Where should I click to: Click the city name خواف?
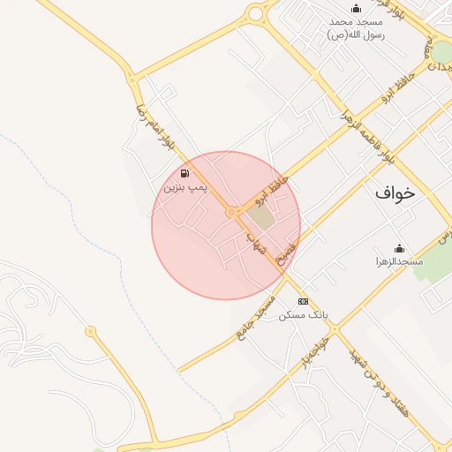394,192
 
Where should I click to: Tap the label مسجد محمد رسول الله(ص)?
355,27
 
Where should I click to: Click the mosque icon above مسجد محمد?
356,8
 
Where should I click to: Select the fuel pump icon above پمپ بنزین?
185,173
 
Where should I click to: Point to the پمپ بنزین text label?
185,187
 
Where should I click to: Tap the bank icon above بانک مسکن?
304,301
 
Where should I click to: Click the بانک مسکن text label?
304,314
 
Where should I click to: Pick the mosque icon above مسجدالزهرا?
399,248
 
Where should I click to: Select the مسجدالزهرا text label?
399,261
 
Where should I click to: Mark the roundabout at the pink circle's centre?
231,213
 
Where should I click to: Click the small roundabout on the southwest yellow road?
90,332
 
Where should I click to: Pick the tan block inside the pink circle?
260,215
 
